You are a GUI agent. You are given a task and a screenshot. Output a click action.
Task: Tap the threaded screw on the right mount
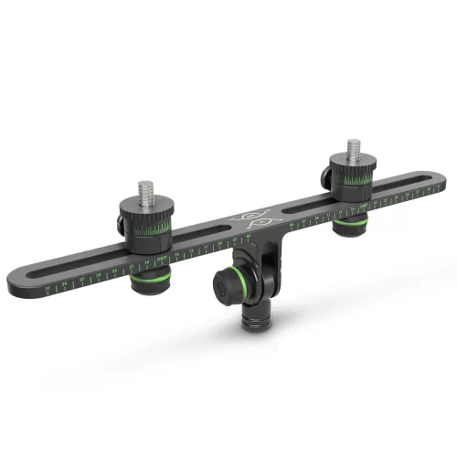pyautogui.click(x=355, y=151)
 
